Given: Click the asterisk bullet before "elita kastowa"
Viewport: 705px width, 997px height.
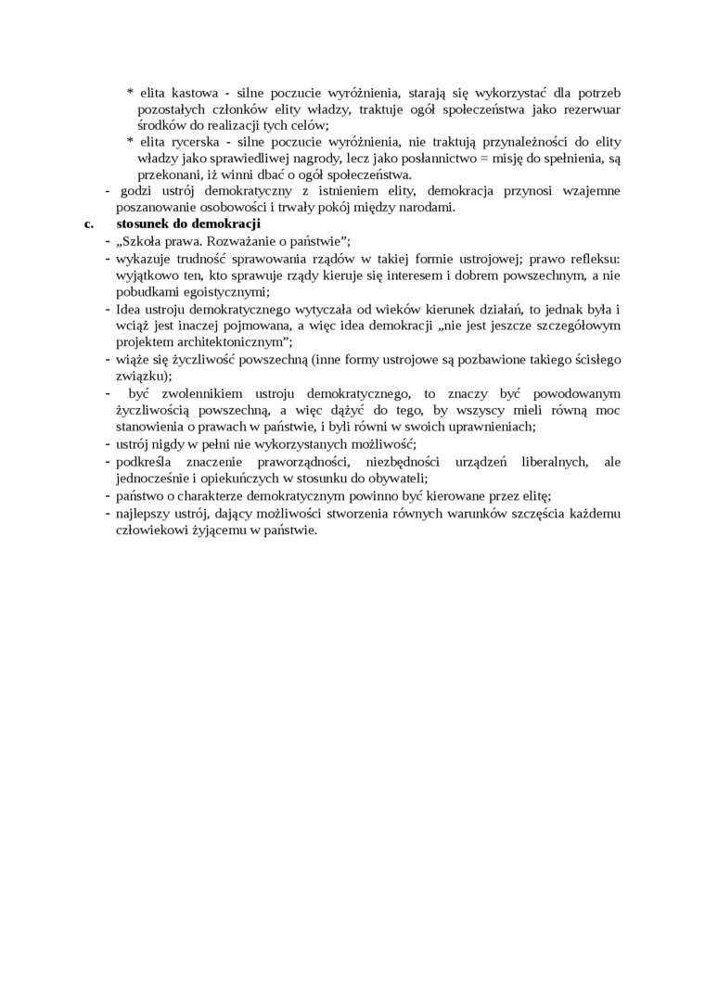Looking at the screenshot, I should coord(130,94).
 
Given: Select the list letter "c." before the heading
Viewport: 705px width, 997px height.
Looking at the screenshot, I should coord(89,224).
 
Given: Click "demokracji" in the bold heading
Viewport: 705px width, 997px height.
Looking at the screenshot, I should coord(229,224).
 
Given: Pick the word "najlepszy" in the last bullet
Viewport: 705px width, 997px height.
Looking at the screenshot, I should coord(145,515).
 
